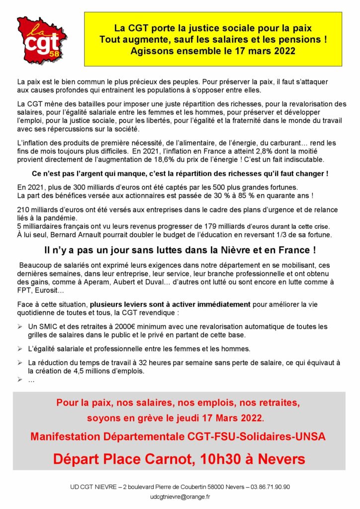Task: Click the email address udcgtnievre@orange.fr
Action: [x=180, y=496]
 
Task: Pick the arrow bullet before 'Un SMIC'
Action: [x=20, y=327]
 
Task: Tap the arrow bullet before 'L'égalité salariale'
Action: [x=20, y=348]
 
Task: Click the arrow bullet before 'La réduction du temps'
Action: [x=20, y=363]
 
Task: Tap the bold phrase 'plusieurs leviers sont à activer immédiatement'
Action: [x=170, y=304]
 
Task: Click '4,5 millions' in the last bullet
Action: [x=92, y=371]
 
